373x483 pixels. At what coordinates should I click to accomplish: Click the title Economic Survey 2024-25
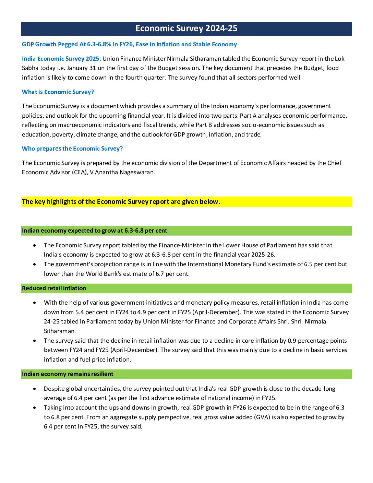pos(186,28)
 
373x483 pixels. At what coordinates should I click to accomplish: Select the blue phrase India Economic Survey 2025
pos(60,59)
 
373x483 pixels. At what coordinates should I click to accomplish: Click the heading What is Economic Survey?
pos(58,92)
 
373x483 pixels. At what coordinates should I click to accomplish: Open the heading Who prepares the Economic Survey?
pos(72,149)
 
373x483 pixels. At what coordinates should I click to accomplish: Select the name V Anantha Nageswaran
pos(122,172)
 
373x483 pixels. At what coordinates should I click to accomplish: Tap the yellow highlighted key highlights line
pos(121,202)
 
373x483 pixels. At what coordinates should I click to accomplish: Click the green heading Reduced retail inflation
pos(54,288)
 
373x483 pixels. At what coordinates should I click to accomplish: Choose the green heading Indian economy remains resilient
pos(68,374)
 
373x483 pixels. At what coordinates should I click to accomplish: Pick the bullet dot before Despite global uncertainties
pos(35,389)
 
